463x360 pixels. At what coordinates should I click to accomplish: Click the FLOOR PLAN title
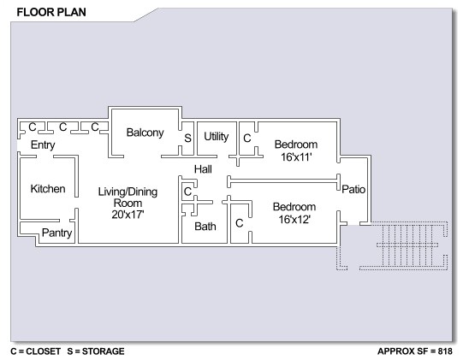[51, 12]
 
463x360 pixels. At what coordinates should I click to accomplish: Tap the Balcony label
[145, 133]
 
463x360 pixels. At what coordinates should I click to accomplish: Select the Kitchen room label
[48, 189]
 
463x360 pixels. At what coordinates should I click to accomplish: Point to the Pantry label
[57, 233]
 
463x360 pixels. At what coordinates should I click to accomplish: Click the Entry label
[43, 145]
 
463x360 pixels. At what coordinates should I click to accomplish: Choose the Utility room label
[217, 137]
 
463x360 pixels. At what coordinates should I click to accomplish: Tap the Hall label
[203, 169]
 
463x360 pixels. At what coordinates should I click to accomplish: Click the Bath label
[205, 227]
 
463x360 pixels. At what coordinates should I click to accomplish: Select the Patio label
[353, 189]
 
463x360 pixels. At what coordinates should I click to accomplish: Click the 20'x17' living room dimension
[128, 215]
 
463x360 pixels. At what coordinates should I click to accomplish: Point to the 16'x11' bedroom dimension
[296, 157]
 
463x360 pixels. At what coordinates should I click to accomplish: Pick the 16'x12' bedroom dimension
[294, 220]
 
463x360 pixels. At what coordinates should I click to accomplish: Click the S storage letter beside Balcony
[187, 138]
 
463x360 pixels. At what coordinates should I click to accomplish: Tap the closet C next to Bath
[187, 192]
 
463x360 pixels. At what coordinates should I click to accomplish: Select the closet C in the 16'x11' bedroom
[246, 138]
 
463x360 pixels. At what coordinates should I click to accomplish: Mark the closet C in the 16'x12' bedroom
[239, 223]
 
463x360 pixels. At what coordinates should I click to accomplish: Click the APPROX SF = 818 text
[415, 351]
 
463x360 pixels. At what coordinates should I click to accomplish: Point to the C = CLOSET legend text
[35, 351]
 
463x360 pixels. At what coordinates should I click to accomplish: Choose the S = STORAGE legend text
[96, 351]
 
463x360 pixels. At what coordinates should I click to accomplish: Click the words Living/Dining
[128, 192]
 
